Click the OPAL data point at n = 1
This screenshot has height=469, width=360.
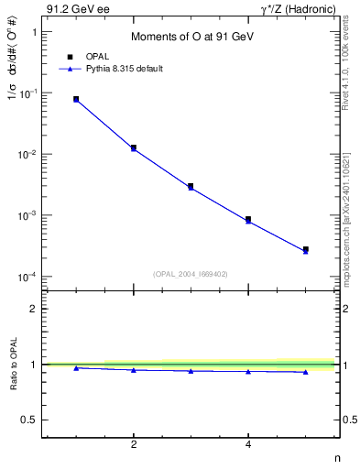coord(76,99)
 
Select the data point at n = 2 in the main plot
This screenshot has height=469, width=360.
coord(134,147)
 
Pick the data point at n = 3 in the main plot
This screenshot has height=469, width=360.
coord(191,186)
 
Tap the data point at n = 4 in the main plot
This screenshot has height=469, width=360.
coord(248,220)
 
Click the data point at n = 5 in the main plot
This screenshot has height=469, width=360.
coord(306,249)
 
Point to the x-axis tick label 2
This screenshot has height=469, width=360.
coord(134,444)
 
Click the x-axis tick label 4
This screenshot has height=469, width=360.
coord(248,444)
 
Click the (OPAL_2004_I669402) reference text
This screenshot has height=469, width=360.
coord(191,272)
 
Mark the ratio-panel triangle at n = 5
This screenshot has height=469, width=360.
coord(306,372)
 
